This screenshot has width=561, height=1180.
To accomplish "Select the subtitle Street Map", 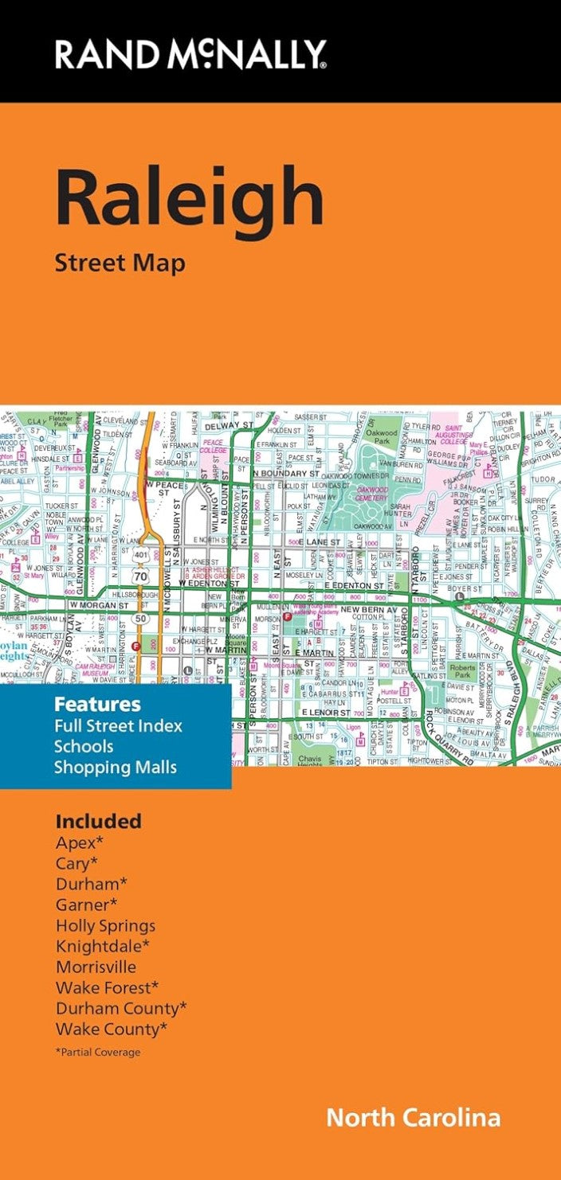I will tap(120, 262).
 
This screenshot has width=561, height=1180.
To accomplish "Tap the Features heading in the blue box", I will tap(97, 705).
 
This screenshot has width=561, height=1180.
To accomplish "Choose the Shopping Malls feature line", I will tap(115, 768).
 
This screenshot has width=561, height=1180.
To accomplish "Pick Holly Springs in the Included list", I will tap(105, 926).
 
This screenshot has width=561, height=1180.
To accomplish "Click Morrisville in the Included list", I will tap(96, 967).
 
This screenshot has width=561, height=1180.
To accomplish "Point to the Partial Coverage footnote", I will tap(98, 1052).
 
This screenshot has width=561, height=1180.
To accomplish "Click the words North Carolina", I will tap(413, 1117).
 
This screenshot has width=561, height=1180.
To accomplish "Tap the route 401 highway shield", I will tap(142, 553).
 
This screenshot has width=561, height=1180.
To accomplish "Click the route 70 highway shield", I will tap(142, 575).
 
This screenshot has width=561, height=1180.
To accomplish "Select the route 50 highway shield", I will tap(142, 618).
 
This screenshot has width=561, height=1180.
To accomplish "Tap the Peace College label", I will tap(213, 446).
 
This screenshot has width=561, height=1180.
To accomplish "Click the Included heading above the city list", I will tap(98, 821).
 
